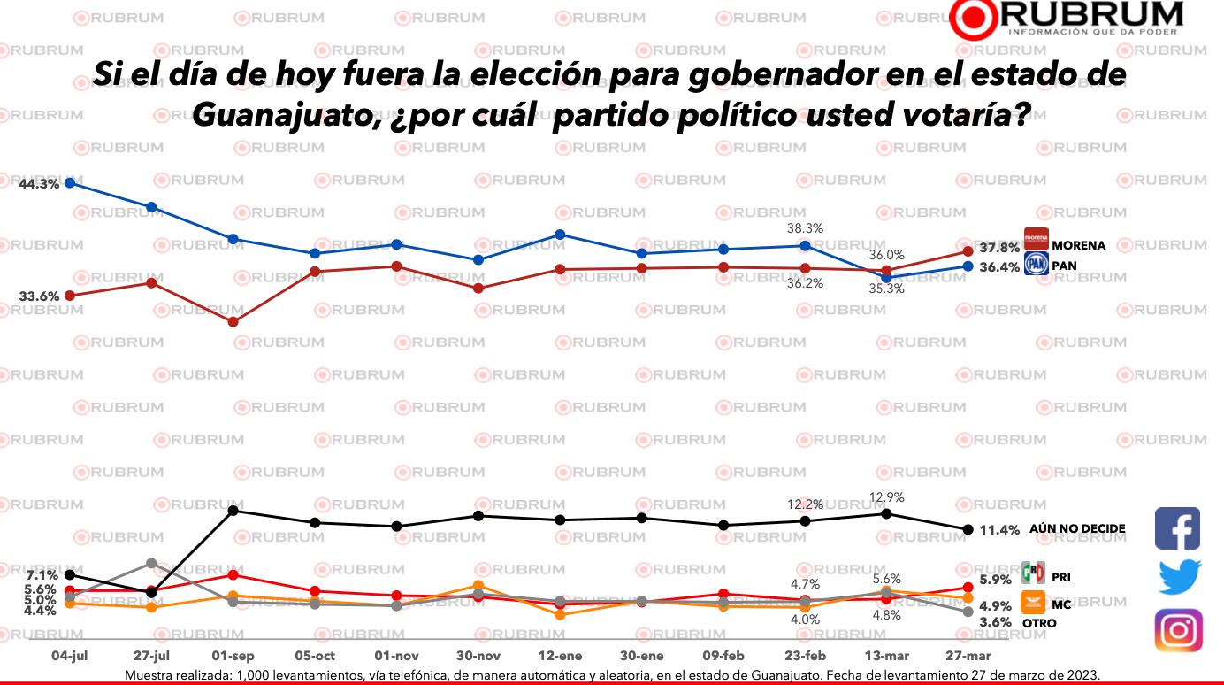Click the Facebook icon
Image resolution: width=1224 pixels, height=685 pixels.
[1177, 528]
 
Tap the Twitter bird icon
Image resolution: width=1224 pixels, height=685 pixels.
[1180, 578]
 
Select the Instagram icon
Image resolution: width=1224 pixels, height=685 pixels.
[1178, 631]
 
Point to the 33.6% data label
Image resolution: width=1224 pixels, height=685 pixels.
[40, 296]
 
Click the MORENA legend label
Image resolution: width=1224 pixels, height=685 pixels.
[1078, 245]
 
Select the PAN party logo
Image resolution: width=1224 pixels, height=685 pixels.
[1036, 265]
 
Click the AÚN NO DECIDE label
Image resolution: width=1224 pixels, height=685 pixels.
[1077, 529]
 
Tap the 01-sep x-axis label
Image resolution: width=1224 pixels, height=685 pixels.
[233, 657]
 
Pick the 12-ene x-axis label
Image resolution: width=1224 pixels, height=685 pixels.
[560, 657]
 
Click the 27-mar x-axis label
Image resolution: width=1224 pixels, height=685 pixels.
[968, 657]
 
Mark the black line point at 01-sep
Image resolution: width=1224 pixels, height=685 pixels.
[233, 510]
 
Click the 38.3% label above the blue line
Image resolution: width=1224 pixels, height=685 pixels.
[805, 228]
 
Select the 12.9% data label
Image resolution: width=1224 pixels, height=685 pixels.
[886, 498]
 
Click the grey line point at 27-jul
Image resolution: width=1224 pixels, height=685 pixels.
[151, 563]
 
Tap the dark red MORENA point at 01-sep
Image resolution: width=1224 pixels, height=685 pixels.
[233, 322]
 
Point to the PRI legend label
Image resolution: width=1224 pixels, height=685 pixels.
[1062, 577]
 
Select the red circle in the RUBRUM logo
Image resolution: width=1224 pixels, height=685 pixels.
[977, 19]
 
